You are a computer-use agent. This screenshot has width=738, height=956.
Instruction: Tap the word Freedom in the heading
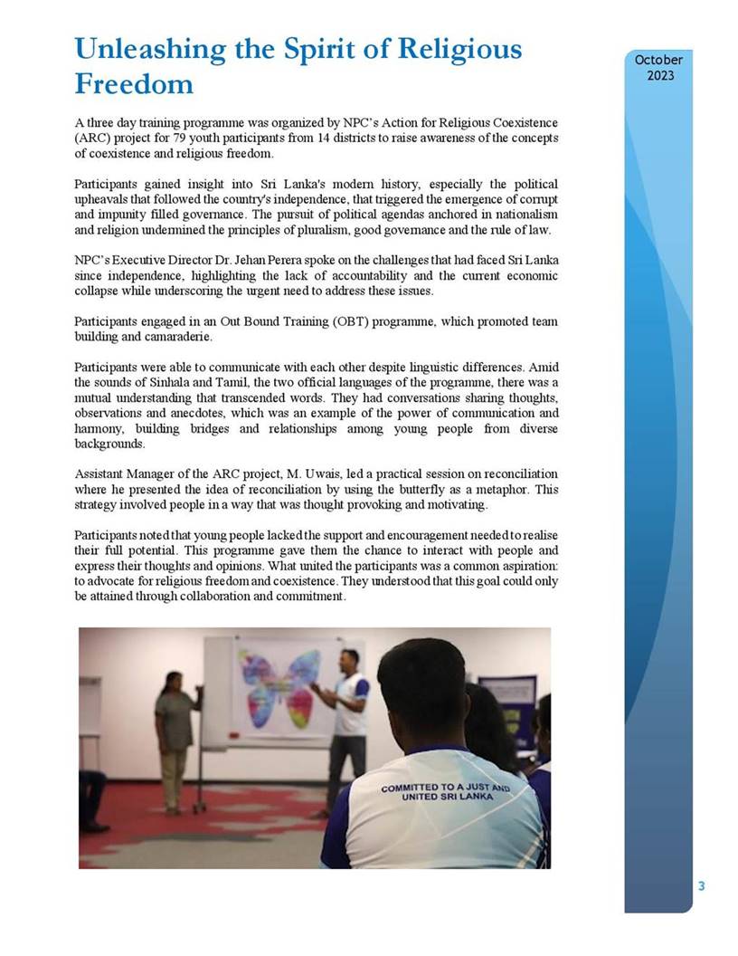(133, 84)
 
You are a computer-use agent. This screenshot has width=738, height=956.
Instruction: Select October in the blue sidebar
(658, 60)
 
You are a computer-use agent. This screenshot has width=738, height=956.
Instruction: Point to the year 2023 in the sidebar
(659, 75)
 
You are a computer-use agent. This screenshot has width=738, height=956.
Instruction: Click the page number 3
(701, 886)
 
